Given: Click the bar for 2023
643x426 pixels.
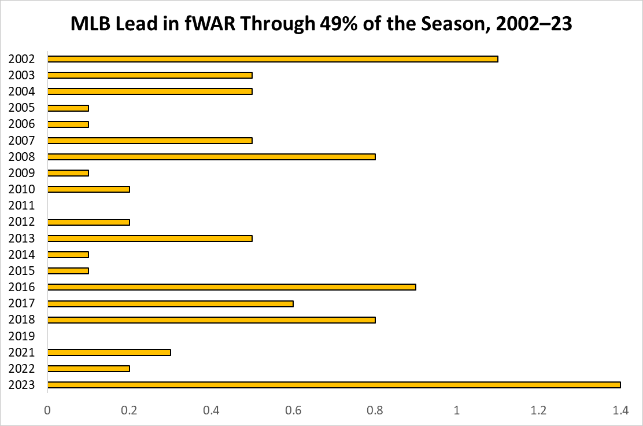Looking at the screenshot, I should click(334, 385).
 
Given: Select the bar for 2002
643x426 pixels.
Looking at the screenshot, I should click(272, 58).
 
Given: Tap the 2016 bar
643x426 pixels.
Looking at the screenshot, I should click(231, 287).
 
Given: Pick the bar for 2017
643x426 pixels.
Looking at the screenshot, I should click(170, 303).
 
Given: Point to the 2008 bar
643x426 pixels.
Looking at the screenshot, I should click(211, 156).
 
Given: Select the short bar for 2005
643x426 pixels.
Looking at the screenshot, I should click(68, 108).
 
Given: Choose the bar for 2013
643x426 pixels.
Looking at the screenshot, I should click(150, 238).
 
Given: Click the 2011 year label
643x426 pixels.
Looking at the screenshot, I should click(22, 205).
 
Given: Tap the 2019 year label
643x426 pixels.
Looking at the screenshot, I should click(22, 336).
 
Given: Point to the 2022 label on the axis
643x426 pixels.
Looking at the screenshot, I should click(22, 369).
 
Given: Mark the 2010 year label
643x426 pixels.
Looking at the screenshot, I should click(22, 189).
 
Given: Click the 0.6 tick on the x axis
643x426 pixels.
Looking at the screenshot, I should click(293, 410).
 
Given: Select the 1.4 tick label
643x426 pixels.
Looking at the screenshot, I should click(620, 410).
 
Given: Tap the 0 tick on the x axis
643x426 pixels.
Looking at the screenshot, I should click(47, 410).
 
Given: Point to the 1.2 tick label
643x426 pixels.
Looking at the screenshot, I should click(539, 410).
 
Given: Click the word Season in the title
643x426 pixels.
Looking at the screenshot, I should click(448, 24).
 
